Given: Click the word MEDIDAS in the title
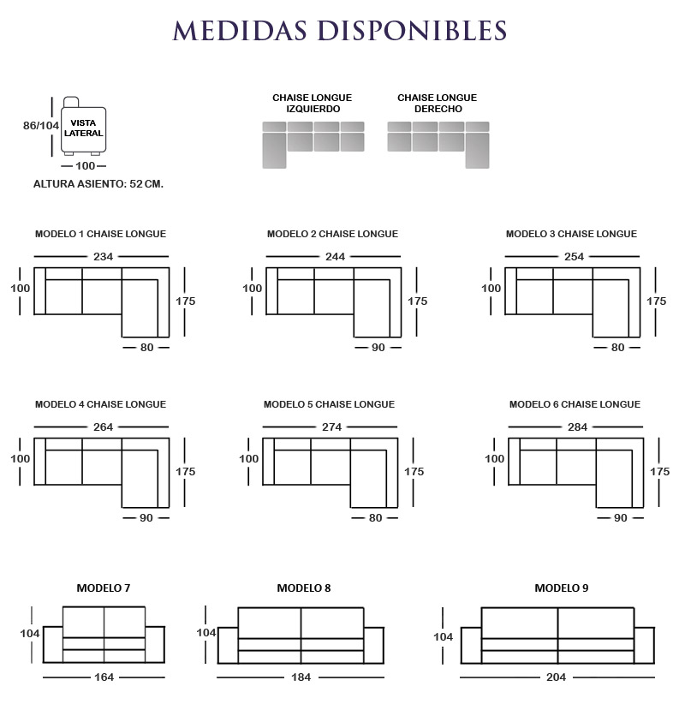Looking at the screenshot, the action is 240,31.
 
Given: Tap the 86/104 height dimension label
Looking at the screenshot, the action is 41,125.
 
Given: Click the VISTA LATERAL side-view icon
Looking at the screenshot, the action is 84,126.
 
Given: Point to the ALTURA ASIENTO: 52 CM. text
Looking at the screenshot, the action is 98,184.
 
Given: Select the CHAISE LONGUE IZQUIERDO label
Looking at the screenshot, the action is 313,103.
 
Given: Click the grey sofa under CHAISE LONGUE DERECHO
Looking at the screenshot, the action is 438,145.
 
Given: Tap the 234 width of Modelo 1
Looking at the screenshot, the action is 103,257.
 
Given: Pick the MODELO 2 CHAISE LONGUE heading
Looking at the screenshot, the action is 332,234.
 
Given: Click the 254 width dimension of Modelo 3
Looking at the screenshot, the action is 574,257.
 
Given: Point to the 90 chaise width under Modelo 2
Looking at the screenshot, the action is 378,347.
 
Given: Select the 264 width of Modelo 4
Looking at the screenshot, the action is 103,427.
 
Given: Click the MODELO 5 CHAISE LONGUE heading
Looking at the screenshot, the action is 329,404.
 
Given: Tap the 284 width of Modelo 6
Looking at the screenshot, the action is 577,427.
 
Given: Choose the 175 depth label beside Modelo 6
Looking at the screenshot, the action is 659,472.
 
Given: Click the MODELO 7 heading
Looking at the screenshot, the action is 104,588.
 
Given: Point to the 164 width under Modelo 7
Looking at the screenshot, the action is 104,677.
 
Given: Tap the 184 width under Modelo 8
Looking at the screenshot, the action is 301,677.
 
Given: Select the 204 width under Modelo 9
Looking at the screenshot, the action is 556,677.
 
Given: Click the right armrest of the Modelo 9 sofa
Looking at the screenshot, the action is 644,646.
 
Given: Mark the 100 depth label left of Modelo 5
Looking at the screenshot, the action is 249,459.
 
